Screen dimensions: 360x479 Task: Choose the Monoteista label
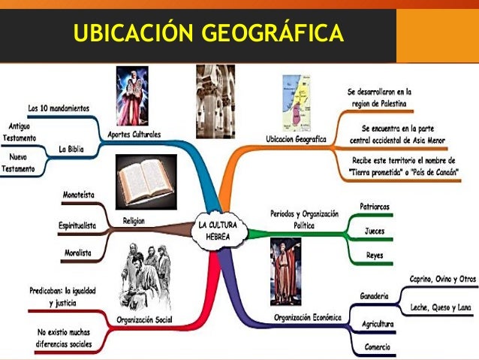click(x=78, y=194)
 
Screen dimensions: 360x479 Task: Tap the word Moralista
click(x=77, y=253)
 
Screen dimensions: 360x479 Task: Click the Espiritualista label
click(x=77, y=225)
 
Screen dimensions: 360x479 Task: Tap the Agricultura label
click(x=378, y=324)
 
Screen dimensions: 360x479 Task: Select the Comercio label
click(x=378, y=346)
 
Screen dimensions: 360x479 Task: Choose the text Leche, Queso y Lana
click(x=443, y=307)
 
